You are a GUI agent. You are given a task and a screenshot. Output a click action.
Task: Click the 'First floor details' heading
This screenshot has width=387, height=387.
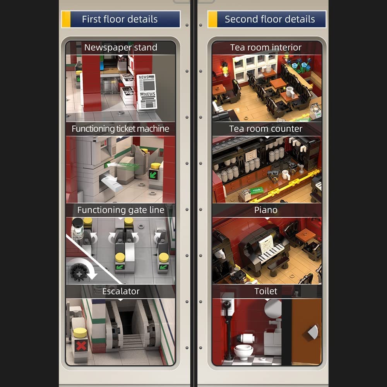point(120,19)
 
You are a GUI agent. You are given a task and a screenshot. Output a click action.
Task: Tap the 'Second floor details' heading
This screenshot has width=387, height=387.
point(270,19)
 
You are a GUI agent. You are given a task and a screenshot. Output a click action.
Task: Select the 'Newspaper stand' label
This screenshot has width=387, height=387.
point(121,47)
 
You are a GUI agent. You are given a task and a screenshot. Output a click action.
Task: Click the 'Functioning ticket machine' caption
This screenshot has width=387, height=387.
point(120,128)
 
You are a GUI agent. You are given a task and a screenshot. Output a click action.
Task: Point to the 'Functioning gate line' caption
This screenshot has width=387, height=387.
point(121,210)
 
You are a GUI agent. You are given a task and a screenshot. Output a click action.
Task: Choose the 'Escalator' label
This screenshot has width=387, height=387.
point(121,291)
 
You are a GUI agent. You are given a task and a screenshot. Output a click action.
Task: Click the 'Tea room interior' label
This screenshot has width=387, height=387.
point(266,47)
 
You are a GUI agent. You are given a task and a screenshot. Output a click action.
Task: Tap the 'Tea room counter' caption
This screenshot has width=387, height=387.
point(266,128)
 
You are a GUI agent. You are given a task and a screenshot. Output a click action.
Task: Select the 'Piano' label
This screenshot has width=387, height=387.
point(266,210)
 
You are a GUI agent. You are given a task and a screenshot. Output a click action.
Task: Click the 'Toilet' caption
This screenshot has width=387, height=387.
point(266,291)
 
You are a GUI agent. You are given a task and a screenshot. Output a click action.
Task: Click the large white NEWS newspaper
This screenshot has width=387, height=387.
point(147,92)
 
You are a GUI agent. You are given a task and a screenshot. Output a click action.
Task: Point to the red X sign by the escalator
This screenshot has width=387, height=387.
point(81,346)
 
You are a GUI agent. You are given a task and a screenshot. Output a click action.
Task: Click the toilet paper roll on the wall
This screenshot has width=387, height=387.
point(246,338)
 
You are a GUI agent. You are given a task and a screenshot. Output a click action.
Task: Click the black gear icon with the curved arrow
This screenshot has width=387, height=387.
point(79,273)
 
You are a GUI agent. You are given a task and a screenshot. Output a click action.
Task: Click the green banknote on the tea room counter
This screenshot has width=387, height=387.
point(256,190)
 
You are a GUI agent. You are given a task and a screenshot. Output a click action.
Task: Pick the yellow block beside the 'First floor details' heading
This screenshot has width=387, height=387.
point(66,19)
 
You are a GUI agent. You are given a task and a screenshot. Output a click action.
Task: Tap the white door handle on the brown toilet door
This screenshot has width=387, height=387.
point(313,332)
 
